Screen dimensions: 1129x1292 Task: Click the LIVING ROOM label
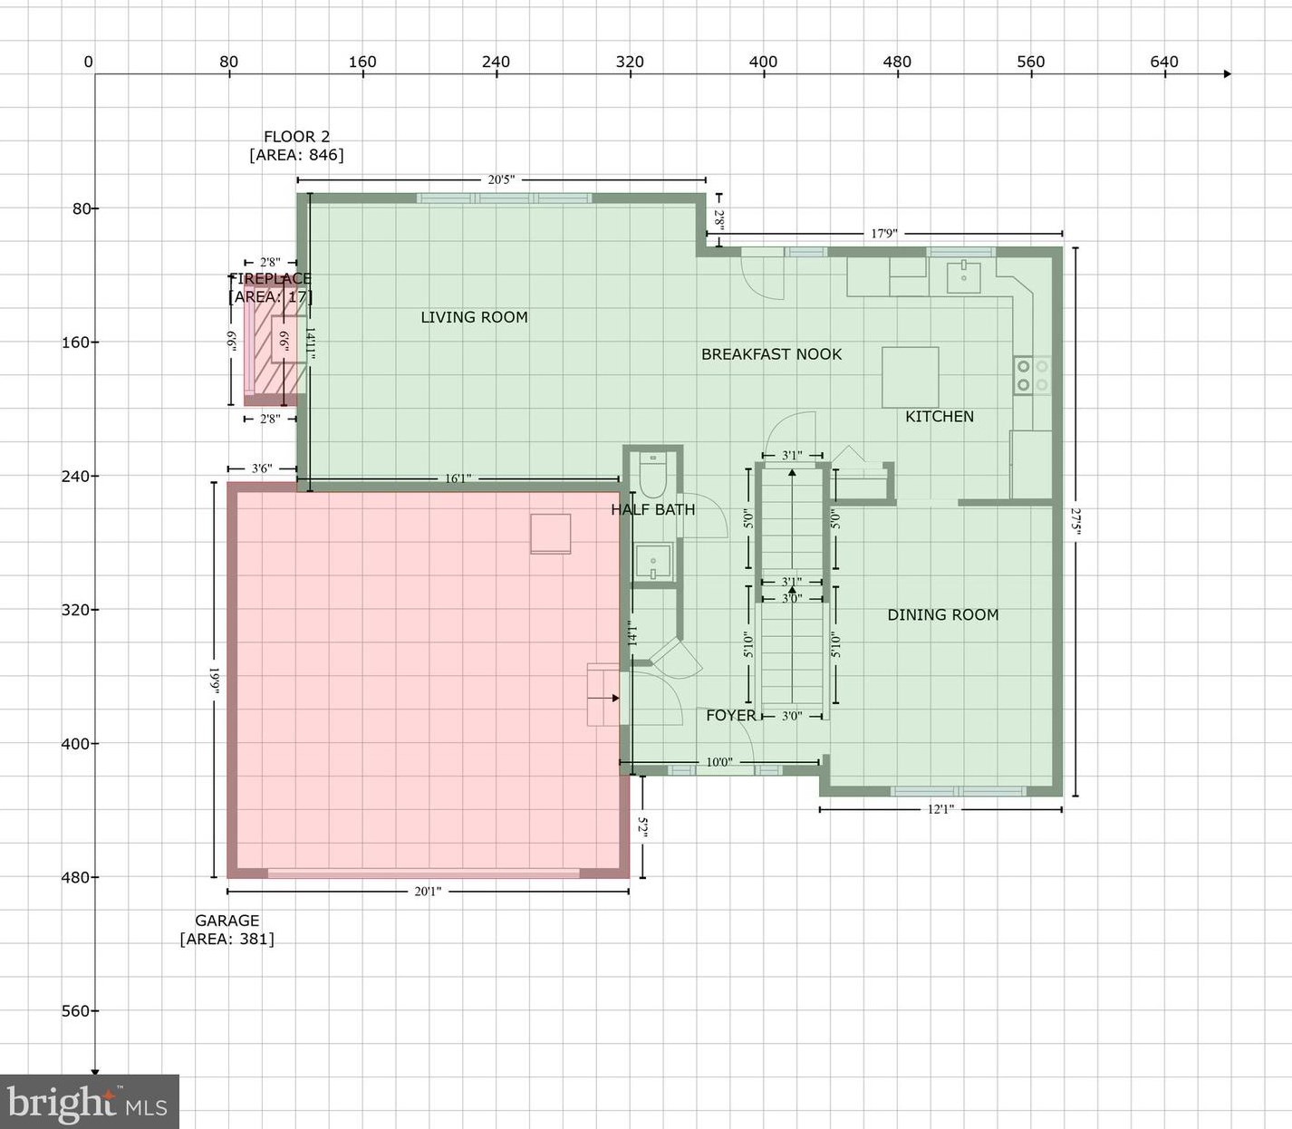pos(474,317)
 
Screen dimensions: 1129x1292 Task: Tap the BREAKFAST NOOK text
pos(771,354)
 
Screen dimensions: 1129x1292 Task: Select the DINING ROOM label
pos(942,614)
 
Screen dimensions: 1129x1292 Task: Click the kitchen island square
pos(910,377)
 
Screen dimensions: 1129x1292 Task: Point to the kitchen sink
pos(963,276)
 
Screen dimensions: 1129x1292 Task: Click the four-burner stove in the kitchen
pos(1032,375)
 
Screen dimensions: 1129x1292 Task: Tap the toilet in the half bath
pos(652,472)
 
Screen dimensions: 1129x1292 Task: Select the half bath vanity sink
pos(652,561)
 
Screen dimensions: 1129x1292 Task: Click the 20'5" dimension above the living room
pos(501,179)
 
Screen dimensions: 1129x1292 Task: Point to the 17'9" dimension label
pos(883,233)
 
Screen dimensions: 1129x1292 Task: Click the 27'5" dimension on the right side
pos(1075,521)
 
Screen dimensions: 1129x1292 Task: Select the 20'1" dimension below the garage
pos(428,892)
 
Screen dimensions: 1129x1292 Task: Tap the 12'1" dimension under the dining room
pos(940,809)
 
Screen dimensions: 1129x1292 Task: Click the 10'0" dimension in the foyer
pos(718,762)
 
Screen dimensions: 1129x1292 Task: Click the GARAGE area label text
pos(227,929)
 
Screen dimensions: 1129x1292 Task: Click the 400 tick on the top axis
pos(763,63)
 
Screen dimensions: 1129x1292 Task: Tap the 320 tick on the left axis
pos(74,610)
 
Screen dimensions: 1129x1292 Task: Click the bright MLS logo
pos(89,1102)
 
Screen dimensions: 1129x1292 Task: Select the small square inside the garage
pos(550,533)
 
